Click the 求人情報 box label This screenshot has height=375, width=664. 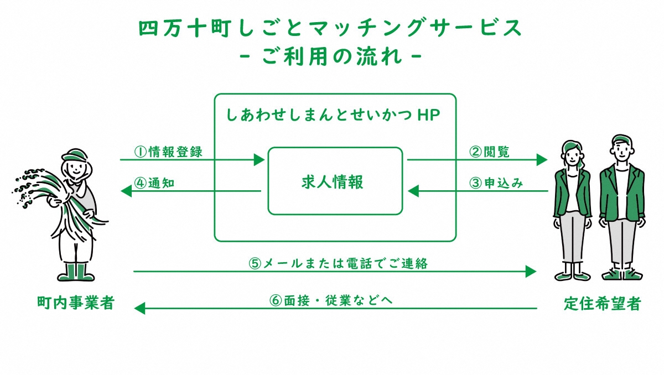click(335, 181)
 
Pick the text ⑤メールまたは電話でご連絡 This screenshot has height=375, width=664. click(338, 263)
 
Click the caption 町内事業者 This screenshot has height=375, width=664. click(75, 303)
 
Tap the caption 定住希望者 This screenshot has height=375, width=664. click(602, 303)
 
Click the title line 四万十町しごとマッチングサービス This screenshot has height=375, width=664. click(330, 29)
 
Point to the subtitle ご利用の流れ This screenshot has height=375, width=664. click(333, 57)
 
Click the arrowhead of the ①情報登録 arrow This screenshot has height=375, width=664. click(260, 160)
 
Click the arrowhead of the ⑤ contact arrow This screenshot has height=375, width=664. click(531, 271)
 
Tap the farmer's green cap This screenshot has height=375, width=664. click(74, 154)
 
